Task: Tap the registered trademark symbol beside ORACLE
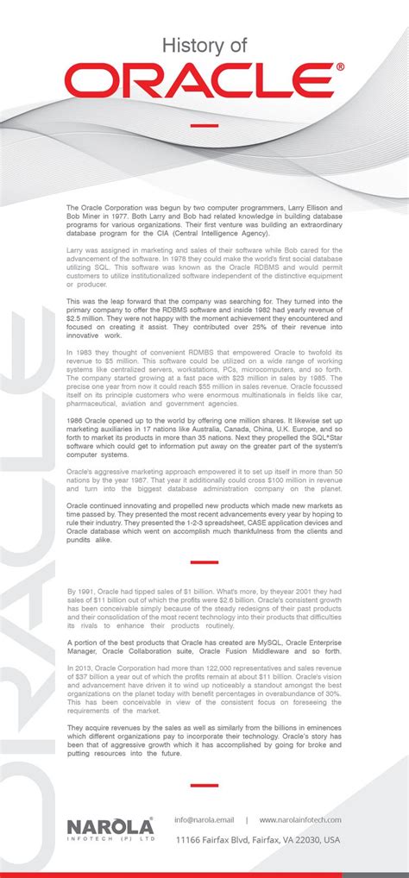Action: [x=340, y=66]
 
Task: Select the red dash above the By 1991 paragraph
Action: [x=204, y=562]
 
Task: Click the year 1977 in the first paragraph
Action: [x=134, y=216]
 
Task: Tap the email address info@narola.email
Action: [x=204, y=819]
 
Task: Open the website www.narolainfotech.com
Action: [x=300, y=819]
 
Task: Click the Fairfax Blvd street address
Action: [x=258, y=839]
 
